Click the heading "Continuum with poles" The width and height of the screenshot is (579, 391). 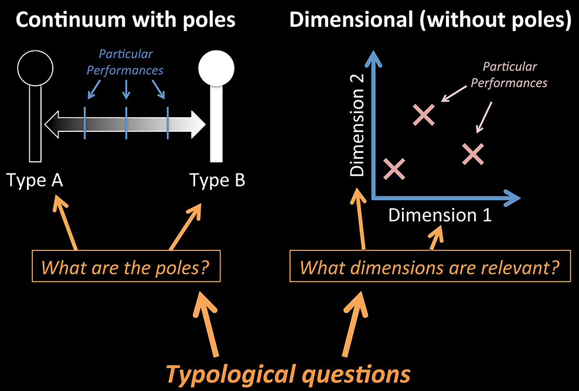tap(125, 20)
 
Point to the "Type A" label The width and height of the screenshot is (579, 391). tap(35, 180)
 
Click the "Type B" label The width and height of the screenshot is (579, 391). tap(217, 180)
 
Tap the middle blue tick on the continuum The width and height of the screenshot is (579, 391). tap(127, 123)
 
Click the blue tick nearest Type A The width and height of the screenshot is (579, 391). tap(85, 123)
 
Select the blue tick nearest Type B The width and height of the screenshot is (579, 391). tap(168, 123)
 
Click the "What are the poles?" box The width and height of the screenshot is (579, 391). tap(127, 268)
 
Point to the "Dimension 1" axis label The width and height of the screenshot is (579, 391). tap(440, 215)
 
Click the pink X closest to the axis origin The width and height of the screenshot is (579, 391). tap(394, 169)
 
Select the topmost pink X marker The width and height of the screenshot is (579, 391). tap(423, 115)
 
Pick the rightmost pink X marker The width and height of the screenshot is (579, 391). tap(472, 154)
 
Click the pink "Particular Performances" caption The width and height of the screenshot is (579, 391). tap(509, 75)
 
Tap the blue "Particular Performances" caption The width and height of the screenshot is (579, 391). tap(125, 62)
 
